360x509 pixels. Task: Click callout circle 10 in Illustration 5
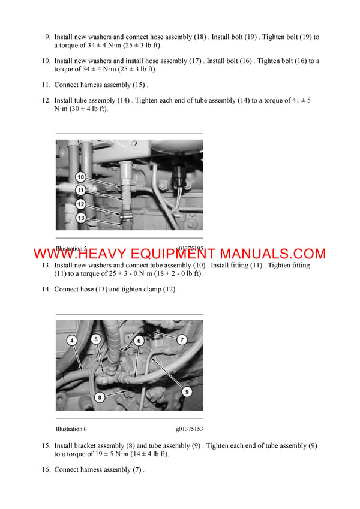click(x=80, y=177)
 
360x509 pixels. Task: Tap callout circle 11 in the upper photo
click(x=80, y=191)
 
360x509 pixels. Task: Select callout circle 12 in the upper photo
click(x=80, y=204)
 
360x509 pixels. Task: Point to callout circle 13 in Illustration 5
click(x=80, y=218)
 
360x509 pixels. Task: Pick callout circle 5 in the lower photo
click(x=96, y=339)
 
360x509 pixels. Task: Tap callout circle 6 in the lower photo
click(x=139, y=340)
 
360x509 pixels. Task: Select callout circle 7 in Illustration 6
click(x=182, y=339)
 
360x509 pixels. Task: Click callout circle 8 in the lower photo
click(x=100, y=396)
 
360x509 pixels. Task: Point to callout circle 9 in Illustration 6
click(x=186, y=391)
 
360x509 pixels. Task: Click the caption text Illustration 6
click(x=71, y=429)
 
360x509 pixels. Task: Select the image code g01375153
click(x=189, y=429)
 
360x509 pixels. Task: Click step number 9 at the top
click(x=48, y=37)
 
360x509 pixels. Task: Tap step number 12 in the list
click(x=46, y=101)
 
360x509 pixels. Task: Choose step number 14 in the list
click(x=46, y=289)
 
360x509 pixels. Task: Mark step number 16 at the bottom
click(x=46, y=469)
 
